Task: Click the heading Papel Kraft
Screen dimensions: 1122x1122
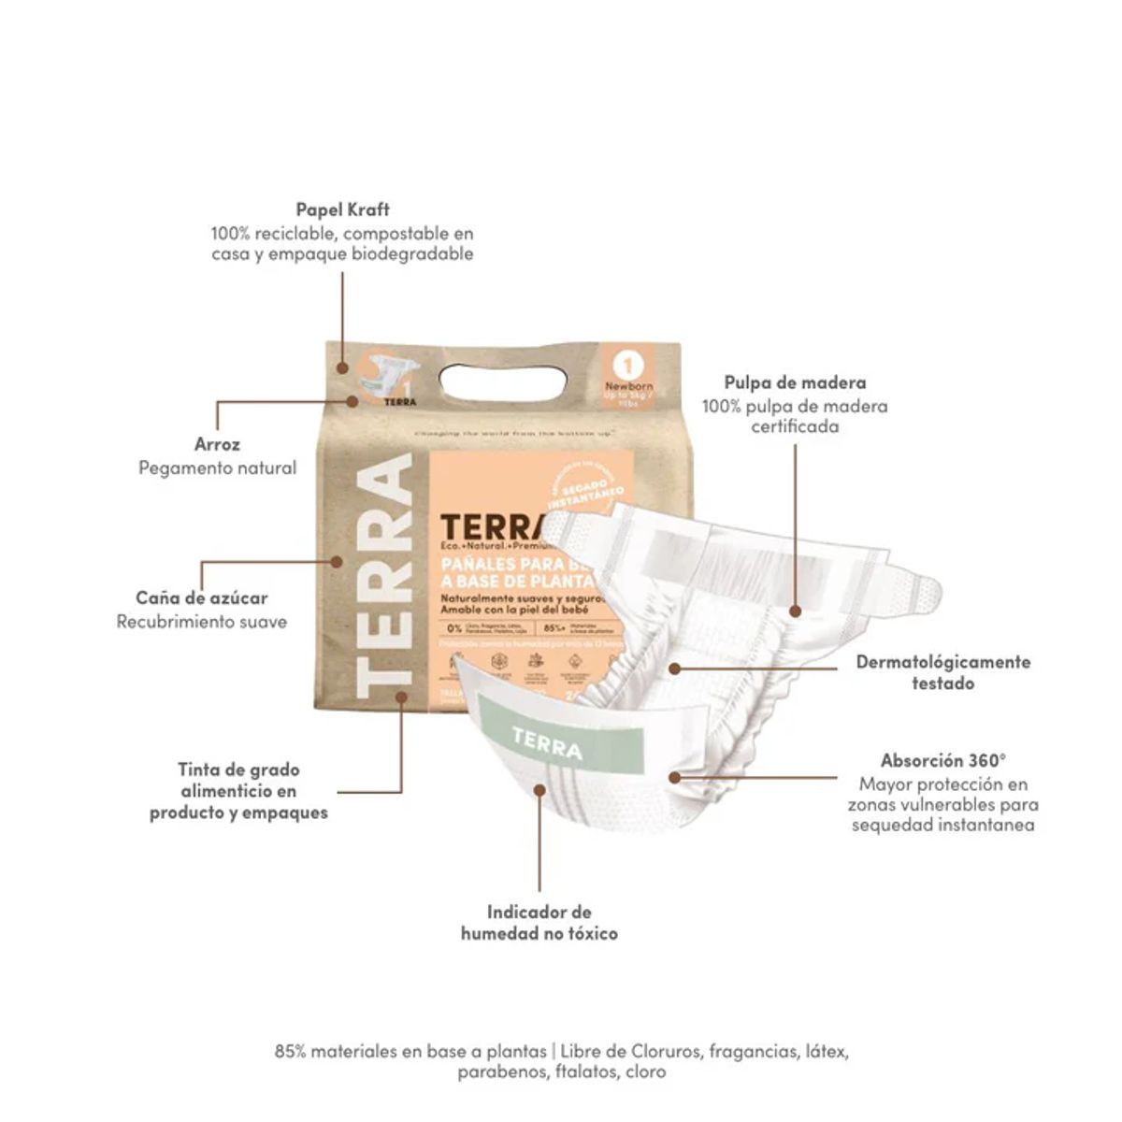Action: (342, 209)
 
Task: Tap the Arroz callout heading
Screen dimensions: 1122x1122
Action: (217, 444)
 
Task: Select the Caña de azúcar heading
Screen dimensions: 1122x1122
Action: (202, 597)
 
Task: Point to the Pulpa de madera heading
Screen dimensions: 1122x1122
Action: (795, 382)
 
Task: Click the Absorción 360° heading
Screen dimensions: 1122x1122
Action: (943, 761)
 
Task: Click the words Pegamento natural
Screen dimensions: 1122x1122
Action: (217, 468)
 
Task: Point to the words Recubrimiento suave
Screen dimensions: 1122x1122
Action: (202, 622)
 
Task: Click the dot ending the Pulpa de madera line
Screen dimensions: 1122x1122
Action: (795, 611)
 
